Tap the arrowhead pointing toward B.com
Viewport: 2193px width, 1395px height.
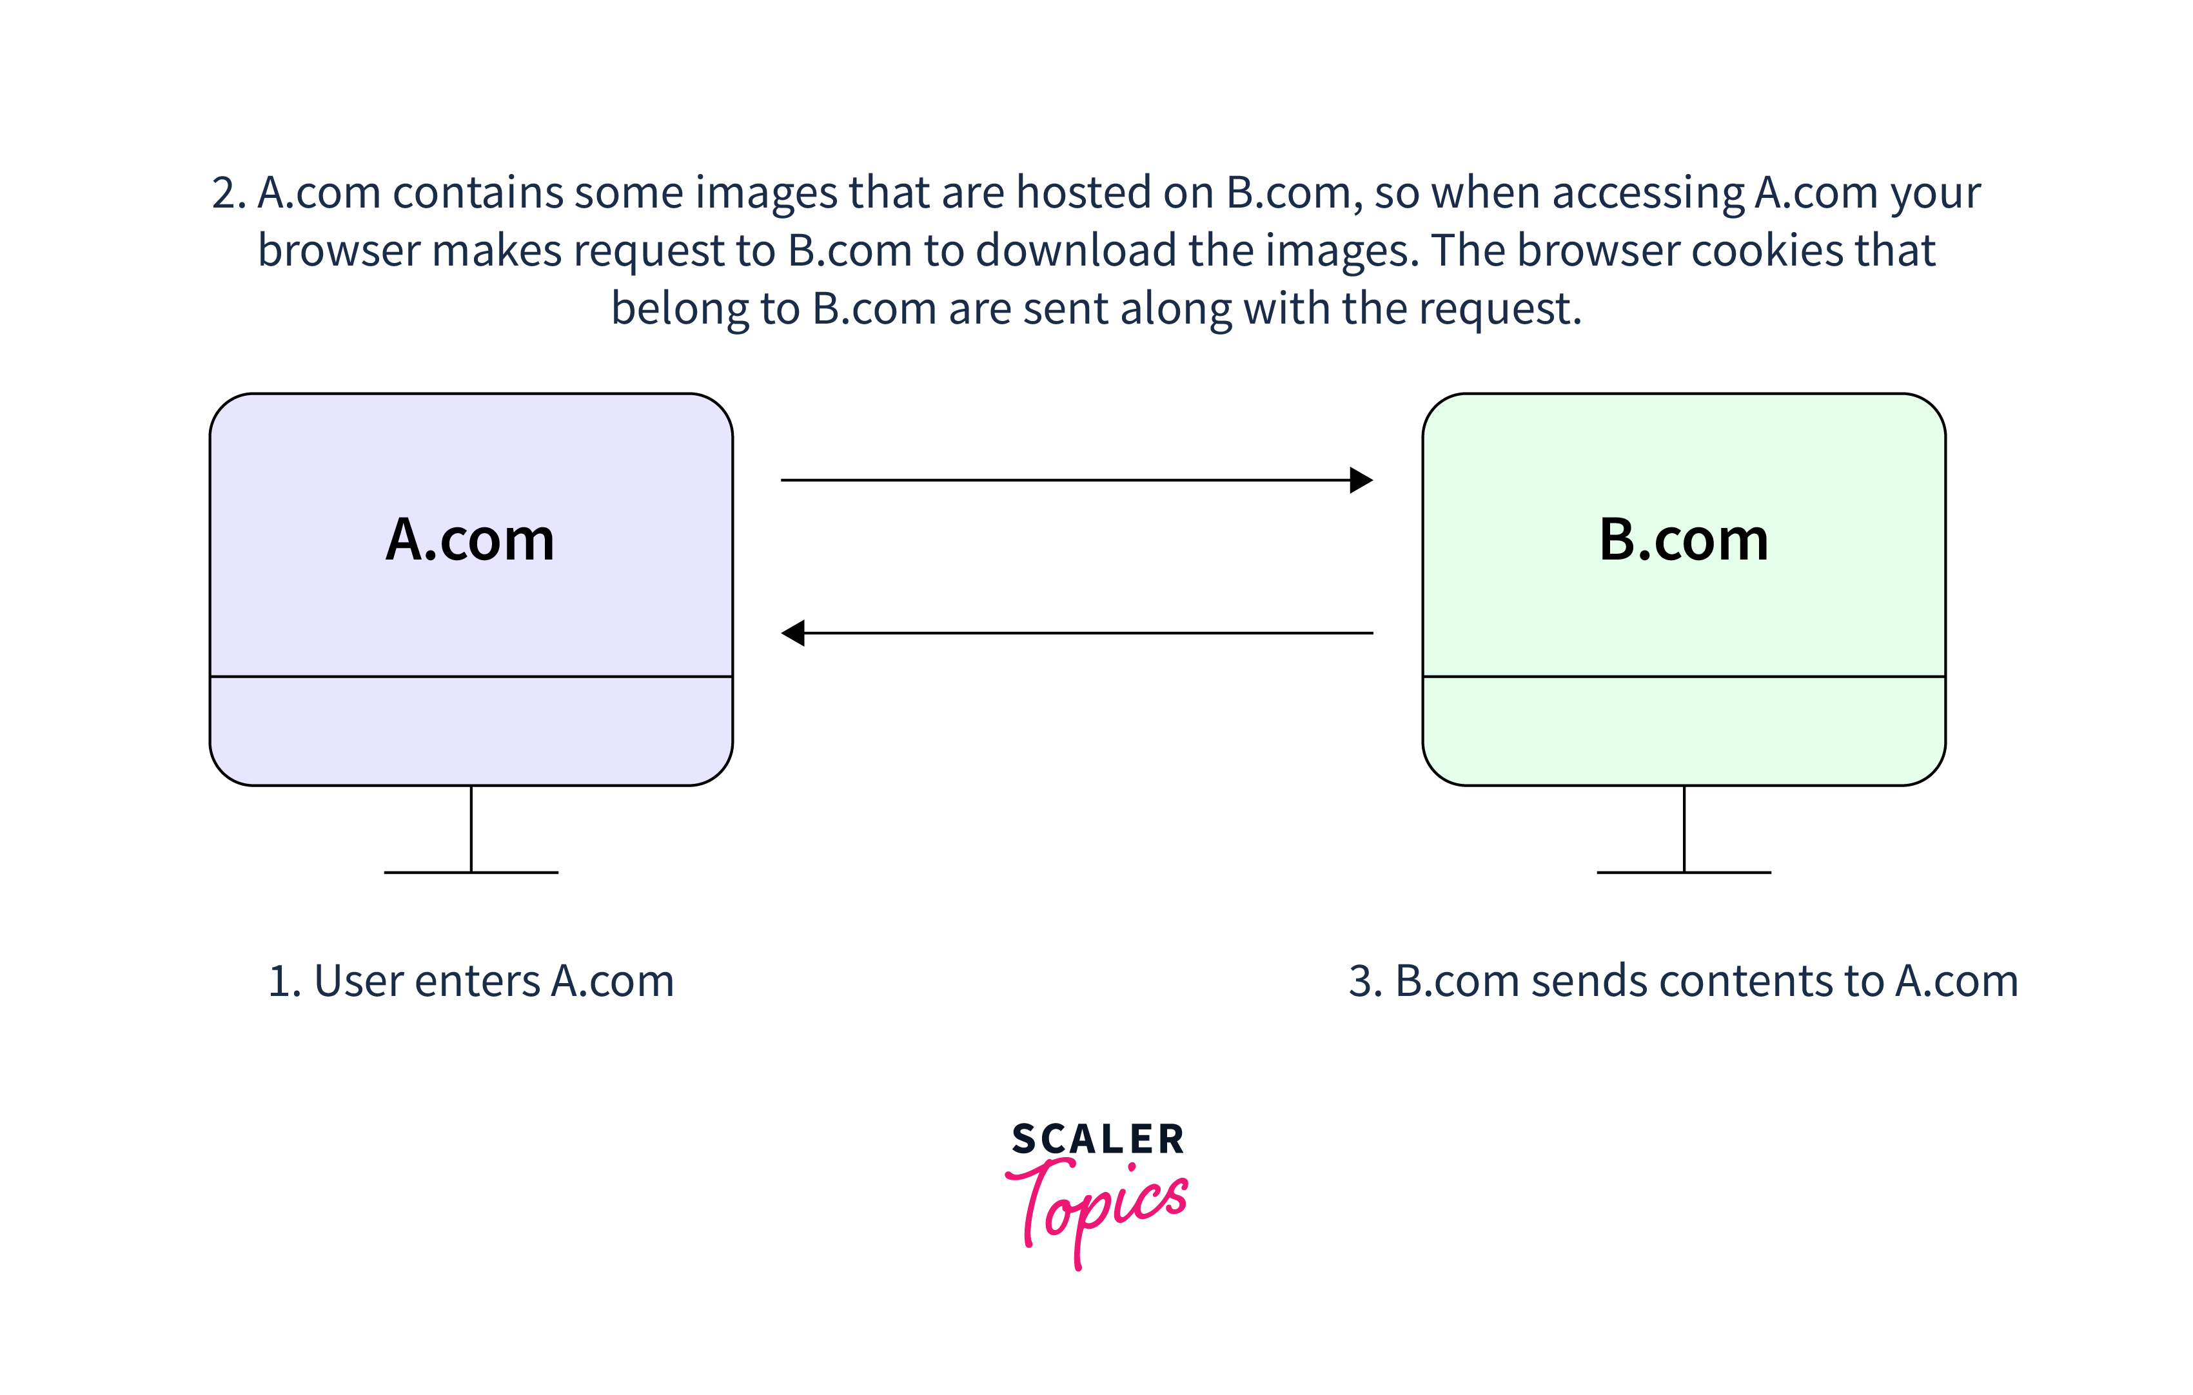pos(1362,480)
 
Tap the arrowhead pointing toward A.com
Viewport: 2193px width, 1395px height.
pos(793,633)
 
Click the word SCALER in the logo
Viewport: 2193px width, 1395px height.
pos(1097,1139)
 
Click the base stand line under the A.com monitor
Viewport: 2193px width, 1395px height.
pos(471,872)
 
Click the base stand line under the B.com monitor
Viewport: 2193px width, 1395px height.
pos(1684,872)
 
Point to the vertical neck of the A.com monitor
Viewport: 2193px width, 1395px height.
pos(471,828)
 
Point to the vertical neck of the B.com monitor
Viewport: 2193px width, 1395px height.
pos(1684,828)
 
